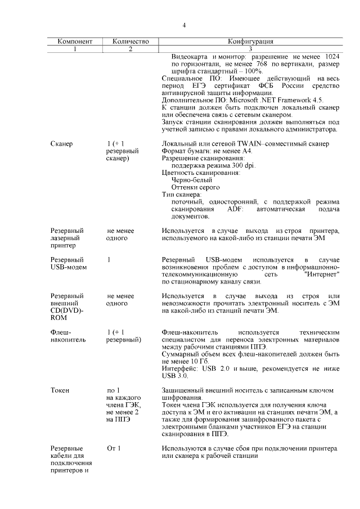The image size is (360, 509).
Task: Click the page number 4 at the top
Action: (184, 25)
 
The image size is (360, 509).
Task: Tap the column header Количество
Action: (130, 42)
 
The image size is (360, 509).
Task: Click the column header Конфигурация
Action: (250, 42)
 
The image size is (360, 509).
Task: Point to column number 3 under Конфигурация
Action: (250, 49)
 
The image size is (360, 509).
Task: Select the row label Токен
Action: (60, 390)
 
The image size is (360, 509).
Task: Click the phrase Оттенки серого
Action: (195, 188)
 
